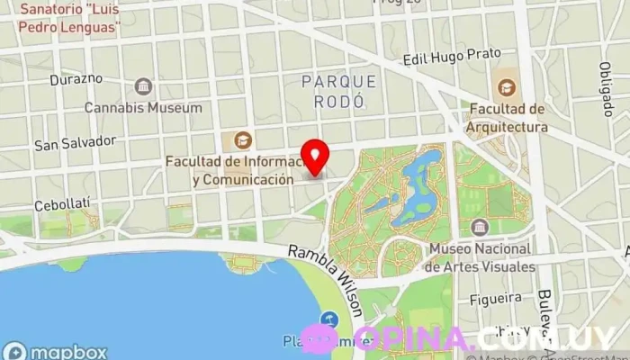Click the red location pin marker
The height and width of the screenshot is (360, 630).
click(315, 156)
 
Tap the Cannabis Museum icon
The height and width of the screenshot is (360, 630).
click(143, 87)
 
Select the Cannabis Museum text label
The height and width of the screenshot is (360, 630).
click(143, 108)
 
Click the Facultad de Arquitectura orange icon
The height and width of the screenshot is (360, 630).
click(507, 88)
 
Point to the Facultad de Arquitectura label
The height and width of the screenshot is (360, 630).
click(507, 118)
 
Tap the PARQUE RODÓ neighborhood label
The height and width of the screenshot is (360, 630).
click(339, 92)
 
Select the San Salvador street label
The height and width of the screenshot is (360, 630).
click(76, 142)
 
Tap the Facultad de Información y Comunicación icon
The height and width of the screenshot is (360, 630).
click(241, 140)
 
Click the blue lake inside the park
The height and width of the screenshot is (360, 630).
click(417, 184)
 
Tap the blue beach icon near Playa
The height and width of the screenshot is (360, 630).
click(329, 319)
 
